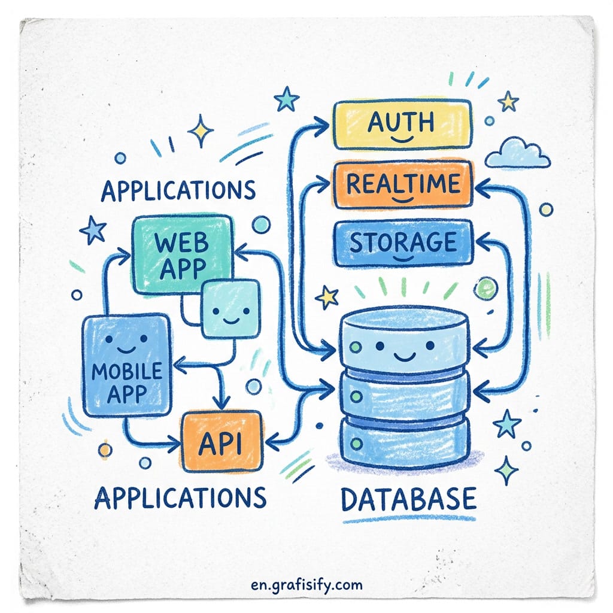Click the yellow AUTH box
(x=402, y=125)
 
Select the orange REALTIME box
(x=403, y=184)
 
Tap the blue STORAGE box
(x=403, y=243)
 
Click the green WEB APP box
(x=182, y=254)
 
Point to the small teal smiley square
(x=230, y=309)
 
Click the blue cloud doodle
(x=517, y=154)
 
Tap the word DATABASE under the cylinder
(x=409, y=499)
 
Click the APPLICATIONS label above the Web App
(x=178, y=190)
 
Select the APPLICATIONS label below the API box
(x=180, y=497)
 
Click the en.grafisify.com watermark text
(x=307, y=585)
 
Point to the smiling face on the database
(x=405, y=349)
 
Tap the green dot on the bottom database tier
(x=356, y=444)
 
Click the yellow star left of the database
(x=327, y=297)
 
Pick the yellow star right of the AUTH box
(x=508, y=102)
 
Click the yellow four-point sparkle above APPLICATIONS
(x=201, y=131)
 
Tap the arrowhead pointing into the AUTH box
(x=323, y=126)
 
